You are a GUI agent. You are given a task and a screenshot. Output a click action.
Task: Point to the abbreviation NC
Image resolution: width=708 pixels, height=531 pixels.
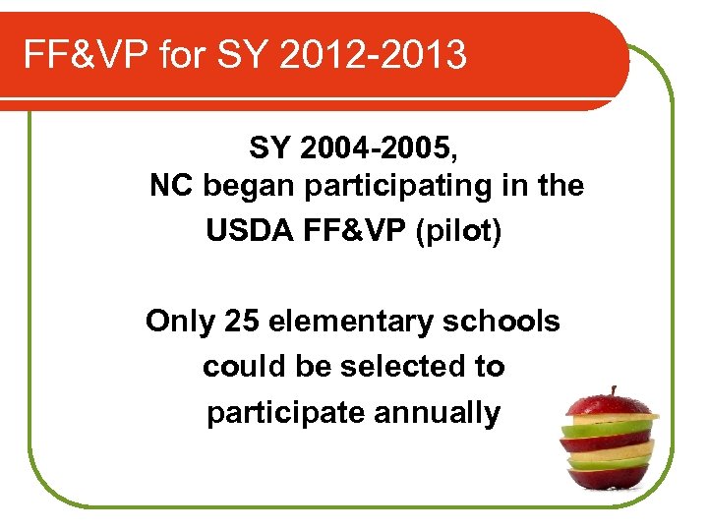click(170, 186)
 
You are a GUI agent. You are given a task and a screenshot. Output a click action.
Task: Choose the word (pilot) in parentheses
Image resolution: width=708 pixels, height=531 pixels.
click(459, 232)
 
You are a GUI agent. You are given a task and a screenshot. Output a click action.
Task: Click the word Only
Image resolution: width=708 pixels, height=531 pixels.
click(180, 322)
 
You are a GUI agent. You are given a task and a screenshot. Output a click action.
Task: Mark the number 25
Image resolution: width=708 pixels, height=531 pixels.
click(242, 322)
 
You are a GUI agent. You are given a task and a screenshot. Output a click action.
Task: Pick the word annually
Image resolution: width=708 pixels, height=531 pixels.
click(438, 413)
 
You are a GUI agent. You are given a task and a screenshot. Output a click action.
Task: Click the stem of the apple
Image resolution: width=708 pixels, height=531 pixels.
click(614, 391)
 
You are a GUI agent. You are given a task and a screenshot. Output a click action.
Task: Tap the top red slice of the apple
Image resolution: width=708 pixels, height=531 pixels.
click(611, 405)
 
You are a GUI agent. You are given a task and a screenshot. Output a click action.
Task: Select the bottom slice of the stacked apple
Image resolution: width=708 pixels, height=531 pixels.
click(610, 476)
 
